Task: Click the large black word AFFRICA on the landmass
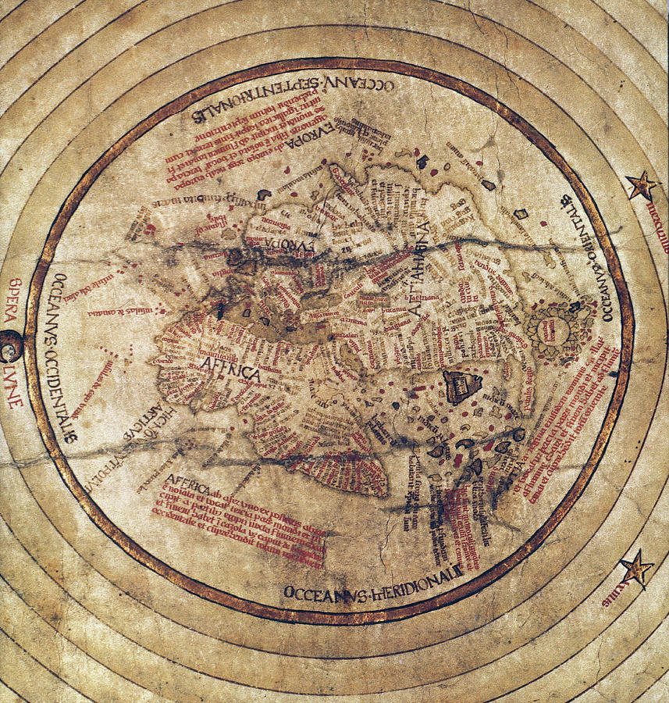[230, 373]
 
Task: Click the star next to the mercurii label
[642, 187]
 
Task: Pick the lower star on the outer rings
[636, 568]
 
